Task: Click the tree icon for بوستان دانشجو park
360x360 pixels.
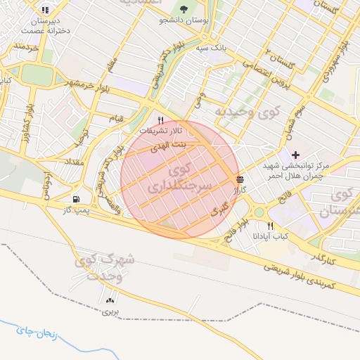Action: click(184, 10)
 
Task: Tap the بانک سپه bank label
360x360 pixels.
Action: click(210, 48)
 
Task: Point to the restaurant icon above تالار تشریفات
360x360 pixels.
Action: click(161, 120)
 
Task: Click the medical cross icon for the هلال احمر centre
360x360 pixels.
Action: click(295, 155)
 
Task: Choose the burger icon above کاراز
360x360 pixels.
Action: click(240, 179)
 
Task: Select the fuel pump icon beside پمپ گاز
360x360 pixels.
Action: click(76, 199)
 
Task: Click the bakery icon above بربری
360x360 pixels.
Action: click(110, 300)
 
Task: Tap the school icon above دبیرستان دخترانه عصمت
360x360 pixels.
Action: click(45, 10)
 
